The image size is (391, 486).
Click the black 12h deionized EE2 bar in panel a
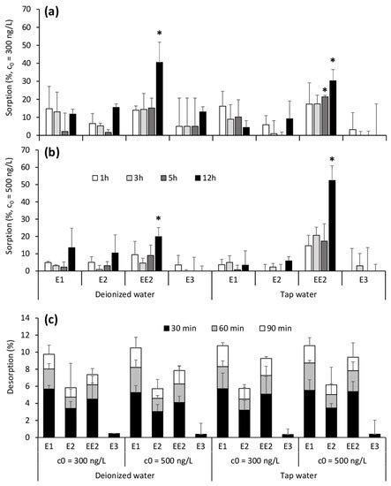pos(159,98)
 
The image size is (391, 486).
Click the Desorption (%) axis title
pos(11,378)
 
